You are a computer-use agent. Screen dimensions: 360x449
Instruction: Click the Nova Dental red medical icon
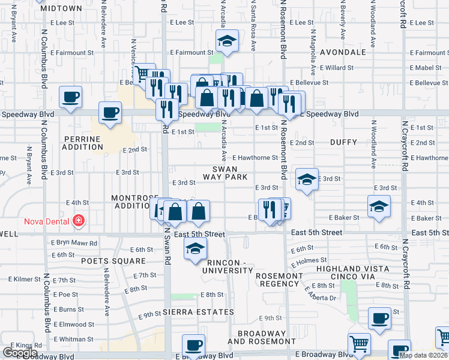[78, 221]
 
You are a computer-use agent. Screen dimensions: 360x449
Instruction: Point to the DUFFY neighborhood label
[343, 142]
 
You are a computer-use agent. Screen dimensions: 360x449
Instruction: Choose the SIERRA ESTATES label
[198, 312]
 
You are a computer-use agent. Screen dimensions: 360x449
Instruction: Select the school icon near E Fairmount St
[227, 42]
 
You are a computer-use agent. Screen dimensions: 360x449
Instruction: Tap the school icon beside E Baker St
[379, 206]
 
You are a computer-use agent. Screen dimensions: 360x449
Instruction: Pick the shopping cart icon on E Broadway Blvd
[359, 344]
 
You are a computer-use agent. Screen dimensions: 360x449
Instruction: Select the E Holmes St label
[310, 261]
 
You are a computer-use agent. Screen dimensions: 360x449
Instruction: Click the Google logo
[20, 353]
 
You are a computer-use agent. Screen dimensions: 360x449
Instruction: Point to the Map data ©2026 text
[423, 355]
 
